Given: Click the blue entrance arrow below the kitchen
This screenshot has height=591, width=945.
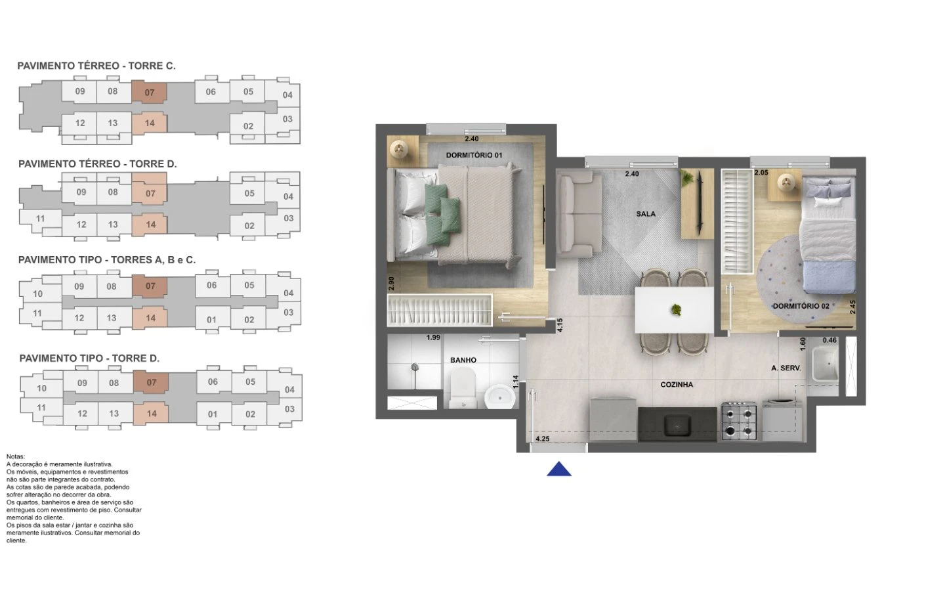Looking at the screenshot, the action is (x=559, y=470).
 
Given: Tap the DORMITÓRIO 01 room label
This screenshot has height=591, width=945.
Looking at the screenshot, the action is (x=474, y=156).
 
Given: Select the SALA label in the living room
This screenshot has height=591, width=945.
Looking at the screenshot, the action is (x=646, y=214).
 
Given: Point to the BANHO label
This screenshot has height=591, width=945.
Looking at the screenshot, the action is (x=463, y=360).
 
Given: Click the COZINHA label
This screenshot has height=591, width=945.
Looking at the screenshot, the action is (x=677, y=385).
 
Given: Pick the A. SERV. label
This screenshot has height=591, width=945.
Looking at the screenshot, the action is (x=786, y=368).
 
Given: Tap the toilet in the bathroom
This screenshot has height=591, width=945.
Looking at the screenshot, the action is (x=463, y=387).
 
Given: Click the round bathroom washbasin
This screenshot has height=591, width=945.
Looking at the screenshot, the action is (x=500, y=397).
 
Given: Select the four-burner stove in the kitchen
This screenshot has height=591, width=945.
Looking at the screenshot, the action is (x=738, y=422).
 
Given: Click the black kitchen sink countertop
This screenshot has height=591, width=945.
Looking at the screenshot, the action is (x=677, y=424).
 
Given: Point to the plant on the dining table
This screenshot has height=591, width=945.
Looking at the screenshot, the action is (x=676, y=310).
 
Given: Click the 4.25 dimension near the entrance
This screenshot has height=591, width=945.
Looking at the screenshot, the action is (x=543, y=439).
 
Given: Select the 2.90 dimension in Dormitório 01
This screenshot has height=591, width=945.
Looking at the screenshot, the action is (x=391, y=283).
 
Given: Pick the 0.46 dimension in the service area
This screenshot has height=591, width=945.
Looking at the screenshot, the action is (x=829, y=340).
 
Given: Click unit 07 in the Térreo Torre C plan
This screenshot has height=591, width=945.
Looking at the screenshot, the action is (x=150, y=93).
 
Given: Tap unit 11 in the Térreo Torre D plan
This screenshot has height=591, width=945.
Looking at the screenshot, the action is (x=40, y=219).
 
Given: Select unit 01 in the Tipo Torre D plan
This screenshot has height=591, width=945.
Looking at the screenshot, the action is (x=213, y=414).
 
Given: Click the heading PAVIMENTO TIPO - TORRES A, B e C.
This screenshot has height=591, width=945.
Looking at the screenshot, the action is (x=107, y=260).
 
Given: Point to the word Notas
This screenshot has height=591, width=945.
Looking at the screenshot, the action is (x=16, y=457).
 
